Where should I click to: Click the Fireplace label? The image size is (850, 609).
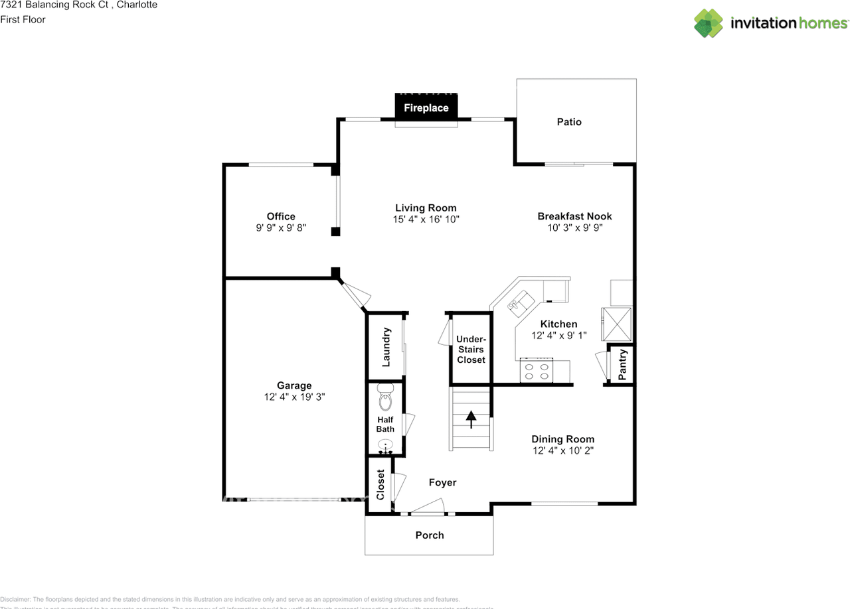pos(426,107)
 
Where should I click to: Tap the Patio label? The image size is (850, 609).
pos(569,122)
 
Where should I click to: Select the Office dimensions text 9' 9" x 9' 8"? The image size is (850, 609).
pos(281,228)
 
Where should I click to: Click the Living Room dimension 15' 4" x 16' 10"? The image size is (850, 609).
pos(426,219)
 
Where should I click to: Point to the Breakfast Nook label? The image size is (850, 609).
pos(574,216)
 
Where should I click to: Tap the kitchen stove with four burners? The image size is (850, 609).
pos(537,370)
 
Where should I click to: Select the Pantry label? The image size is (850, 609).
pos(623,365)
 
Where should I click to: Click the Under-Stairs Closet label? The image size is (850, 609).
pos(471,350)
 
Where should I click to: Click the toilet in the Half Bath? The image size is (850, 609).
pos(385,398)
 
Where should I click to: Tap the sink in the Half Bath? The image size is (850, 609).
pos(385,446)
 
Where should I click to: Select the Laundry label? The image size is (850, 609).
pos(386,347)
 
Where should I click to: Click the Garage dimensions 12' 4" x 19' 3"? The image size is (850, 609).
pos(294,397)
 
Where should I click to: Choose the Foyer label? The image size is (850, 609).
pos(442,483)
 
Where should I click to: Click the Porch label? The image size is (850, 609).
pos(430,535)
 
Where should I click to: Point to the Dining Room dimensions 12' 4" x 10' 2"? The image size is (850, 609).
pos(562,450)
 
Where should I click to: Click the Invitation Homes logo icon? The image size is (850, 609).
pos(709,23)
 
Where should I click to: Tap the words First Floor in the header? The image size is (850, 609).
pos(23,19)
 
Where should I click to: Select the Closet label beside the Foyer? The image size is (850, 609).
pos(381,485)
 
